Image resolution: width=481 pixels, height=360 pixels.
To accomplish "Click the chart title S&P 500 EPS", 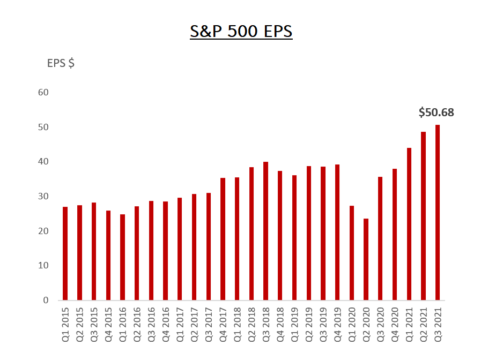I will pos(241,31).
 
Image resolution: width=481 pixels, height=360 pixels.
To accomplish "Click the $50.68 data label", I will pos(436,112).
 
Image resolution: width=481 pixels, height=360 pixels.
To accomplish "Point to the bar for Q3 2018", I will pos(265,231).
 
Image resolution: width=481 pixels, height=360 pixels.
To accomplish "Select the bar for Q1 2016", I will pos(122,257).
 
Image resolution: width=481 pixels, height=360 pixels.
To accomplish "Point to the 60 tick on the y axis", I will pos(43,93).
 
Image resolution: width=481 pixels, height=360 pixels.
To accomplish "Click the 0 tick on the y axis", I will pos(46,301).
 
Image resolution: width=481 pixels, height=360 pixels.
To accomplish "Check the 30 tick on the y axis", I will pos(43,197).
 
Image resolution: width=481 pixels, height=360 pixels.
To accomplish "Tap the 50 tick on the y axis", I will pos(43,127).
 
